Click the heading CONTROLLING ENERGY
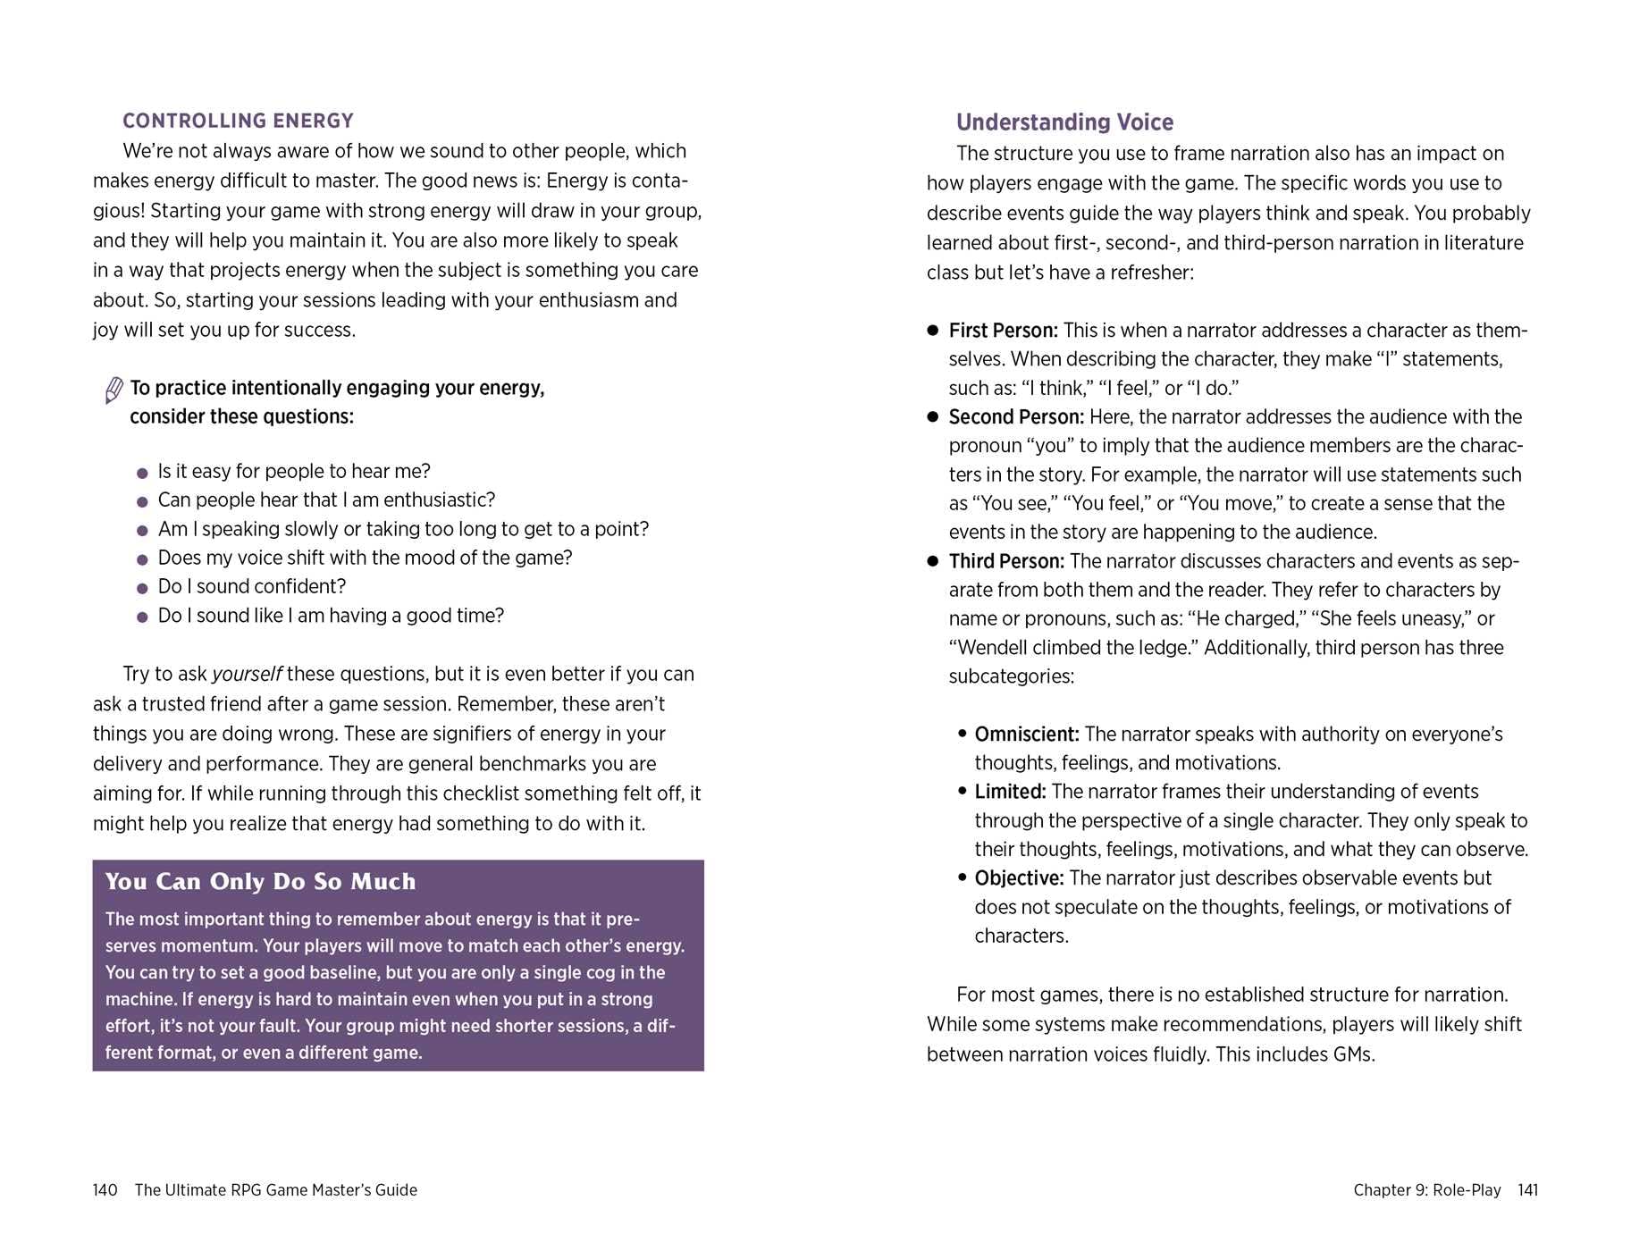pos(238,121)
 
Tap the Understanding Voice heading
pos(1064,122)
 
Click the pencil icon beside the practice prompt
pos(113,390)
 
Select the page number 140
pos(105,1190)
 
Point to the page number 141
pos(1527,1190)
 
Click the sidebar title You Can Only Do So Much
pos(260,882)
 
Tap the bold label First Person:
pos(1003,331)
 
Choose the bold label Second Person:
pos(1016,417)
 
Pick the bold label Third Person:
pos(1006,561)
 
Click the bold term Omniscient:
pos(1027,735)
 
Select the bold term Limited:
pos(1010,792)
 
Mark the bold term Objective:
pos(1019,878)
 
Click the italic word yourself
pos(247,675)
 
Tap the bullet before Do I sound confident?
pos(142,588)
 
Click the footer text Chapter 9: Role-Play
pos(1426,1190)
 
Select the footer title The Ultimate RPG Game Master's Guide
pos(275,1190)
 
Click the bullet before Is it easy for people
pos(142,473)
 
